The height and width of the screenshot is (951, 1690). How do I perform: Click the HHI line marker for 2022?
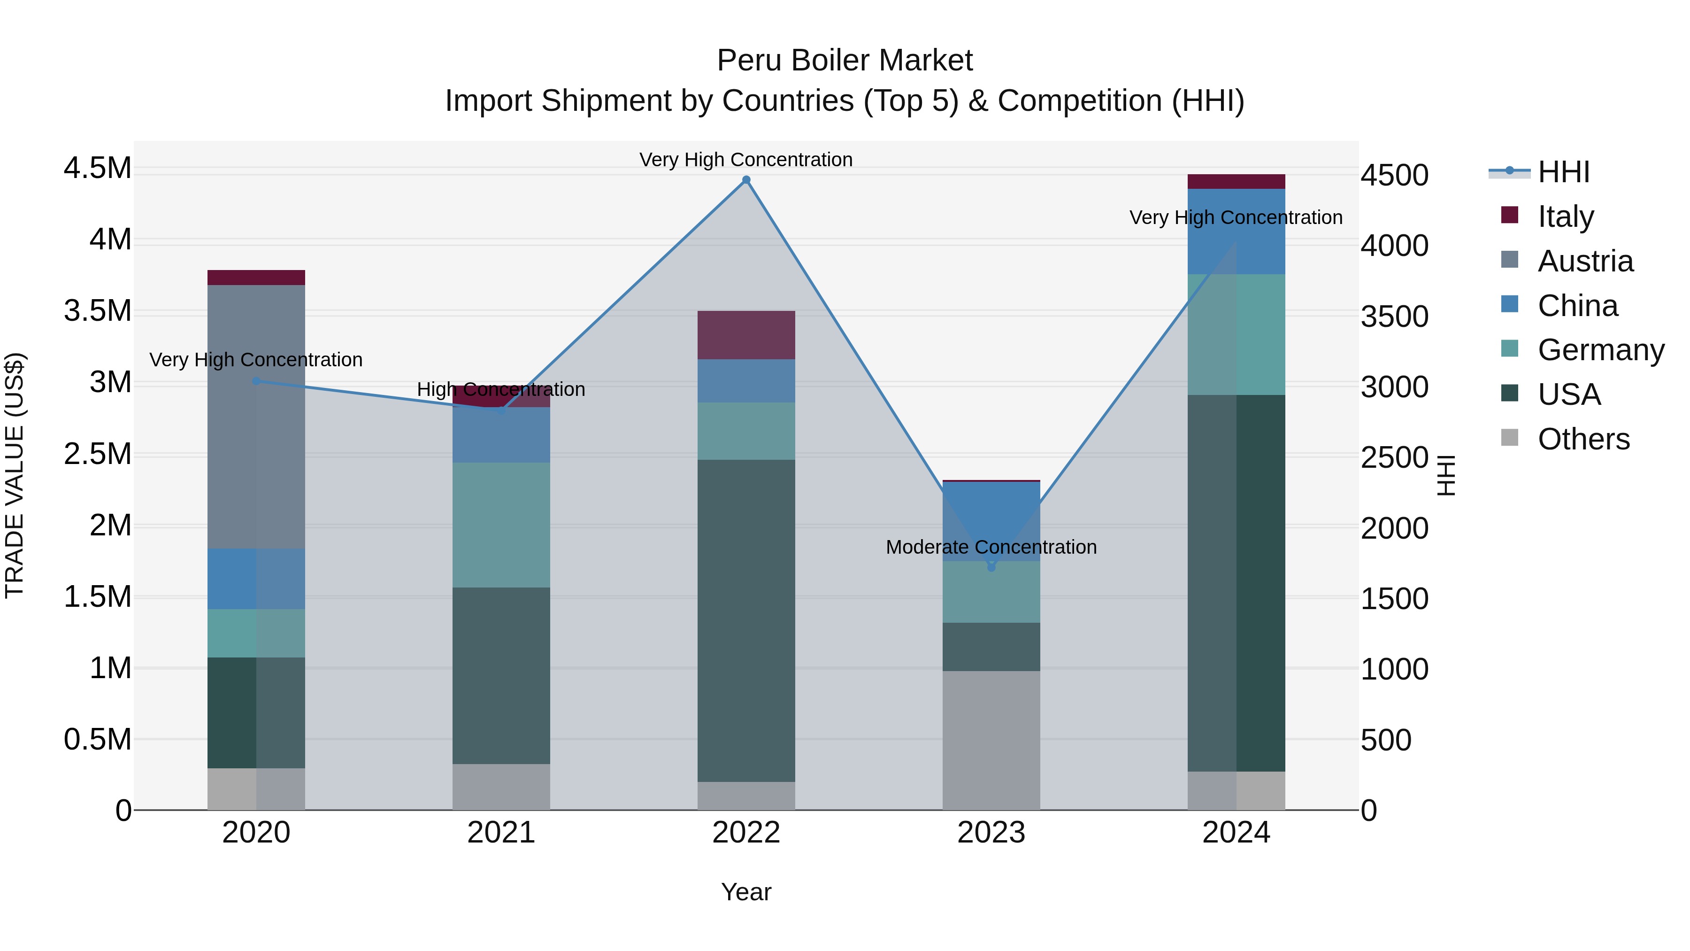tap(746, 180)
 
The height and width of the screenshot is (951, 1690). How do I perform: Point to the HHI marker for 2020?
tap(256, 381)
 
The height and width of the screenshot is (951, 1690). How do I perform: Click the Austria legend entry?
tap(1585, 261)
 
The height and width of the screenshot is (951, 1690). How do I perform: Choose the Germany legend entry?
tap(1601, 350)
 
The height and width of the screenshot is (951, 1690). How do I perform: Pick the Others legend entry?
tap(1583, 439)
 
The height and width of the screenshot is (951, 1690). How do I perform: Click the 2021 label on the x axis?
tap(500, 833)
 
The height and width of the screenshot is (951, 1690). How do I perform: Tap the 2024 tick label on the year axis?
tap(1236, 833)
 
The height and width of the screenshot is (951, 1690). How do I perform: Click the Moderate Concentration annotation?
tap(991, 547)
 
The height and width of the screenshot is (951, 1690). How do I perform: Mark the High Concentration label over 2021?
tap(500, 389)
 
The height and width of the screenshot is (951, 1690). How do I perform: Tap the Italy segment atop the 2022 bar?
tap(746, 335)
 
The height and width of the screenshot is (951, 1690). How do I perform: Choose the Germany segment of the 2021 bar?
tap(500, 525)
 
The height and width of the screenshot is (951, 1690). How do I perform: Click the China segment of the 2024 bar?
tap(1236, 231)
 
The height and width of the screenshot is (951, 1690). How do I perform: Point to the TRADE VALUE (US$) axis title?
tap(15, 475)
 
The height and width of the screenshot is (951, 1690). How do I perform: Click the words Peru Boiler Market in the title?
tap(845, 61)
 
